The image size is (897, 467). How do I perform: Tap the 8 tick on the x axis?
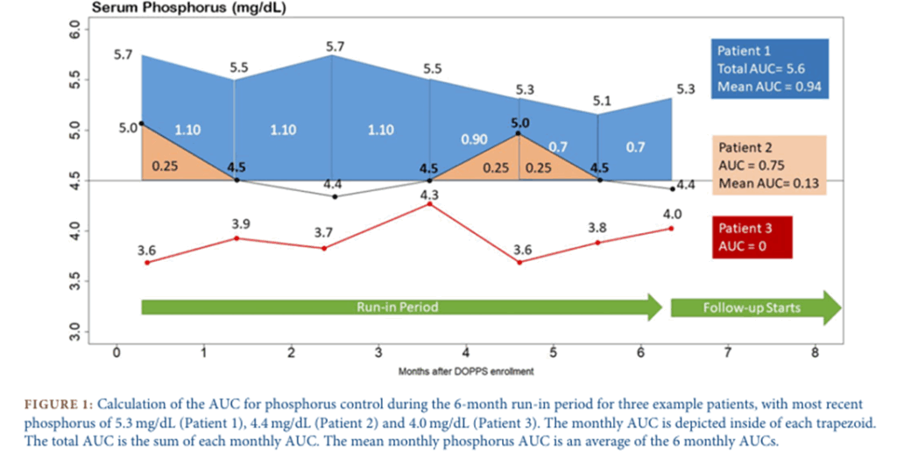pyautogui.click(x=816, y=353)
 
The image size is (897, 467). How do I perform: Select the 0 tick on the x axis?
pyautogui.click(x=116, y=353)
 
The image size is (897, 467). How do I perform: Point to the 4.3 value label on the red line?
pyautogui.click(x=429, y=195)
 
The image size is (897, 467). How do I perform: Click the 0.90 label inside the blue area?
pyautogui.click(x=475, y=139)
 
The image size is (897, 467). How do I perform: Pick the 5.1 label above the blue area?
pyautogui.click(x=602, y=101)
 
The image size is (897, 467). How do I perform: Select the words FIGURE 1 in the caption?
pyautogui.click(x=56, y=404)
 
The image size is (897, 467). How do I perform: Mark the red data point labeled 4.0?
pyautogui.click(x=671, y=228)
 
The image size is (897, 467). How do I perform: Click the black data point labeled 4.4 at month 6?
pyautogui.click(x=672, y=188)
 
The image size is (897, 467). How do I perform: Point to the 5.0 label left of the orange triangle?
pyautogui.click(x=128, y=128)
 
